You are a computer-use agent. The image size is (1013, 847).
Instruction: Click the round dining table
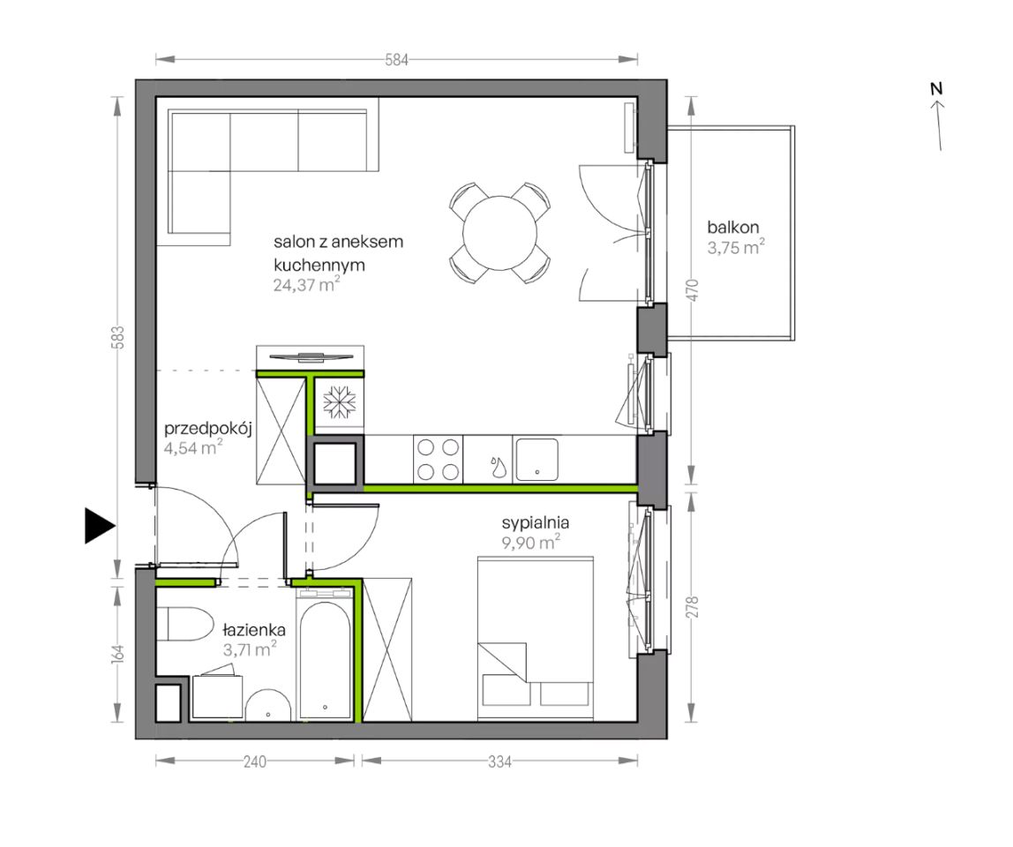pos(499,233)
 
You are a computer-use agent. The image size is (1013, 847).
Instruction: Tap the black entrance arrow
pos(100,525)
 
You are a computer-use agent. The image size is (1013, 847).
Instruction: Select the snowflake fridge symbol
pos(339,401)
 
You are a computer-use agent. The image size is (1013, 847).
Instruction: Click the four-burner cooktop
pos(438,460)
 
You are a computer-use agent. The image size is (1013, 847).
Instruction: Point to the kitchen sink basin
pos(537,460)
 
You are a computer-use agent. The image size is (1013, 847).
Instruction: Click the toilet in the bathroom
pos(185,624)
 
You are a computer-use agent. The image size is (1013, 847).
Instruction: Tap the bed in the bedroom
pos(536,638)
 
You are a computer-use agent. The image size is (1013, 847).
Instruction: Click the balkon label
pos(732,228)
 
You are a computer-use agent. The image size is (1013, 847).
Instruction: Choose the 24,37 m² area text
pos(306,284)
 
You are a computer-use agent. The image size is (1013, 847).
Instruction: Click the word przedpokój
pos(207,428)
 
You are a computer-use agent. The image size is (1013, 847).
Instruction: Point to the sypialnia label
pos(535,522)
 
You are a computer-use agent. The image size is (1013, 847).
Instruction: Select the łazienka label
pos(254,629)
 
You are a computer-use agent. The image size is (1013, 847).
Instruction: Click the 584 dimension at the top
pos(397,60)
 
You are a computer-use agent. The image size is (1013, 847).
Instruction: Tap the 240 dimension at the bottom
pos(254,761)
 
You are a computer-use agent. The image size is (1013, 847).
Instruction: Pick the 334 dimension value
pos(499,761)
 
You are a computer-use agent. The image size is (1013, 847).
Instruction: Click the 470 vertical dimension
pos(692,290)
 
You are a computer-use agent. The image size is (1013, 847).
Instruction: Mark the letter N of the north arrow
pos(936,88)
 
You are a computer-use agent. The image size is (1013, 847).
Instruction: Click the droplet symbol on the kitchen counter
pos(498,467)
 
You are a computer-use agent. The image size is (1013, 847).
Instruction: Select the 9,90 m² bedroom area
pos(530,542)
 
